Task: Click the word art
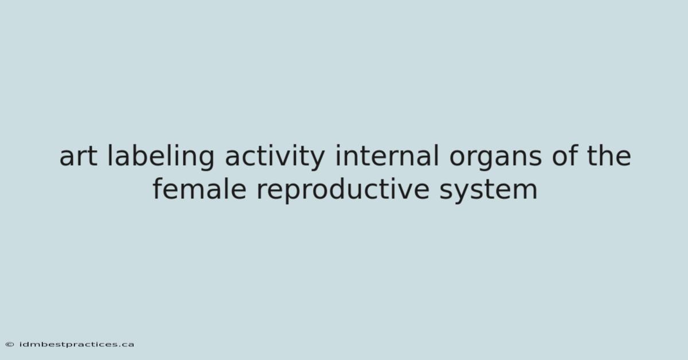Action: pos(79,156)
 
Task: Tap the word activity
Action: pos(275,157)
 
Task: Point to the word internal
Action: pos(387,156)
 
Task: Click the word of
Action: pos(565,156)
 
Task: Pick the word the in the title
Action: pos(609,156)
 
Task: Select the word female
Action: pos(200,189)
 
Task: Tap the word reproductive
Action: pos(343,190)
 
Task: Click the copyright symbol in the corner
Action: pos(10,345)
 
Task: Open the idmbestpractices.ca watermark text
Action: pos(76,345)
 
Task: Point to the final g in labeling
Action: pos(205,160)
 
